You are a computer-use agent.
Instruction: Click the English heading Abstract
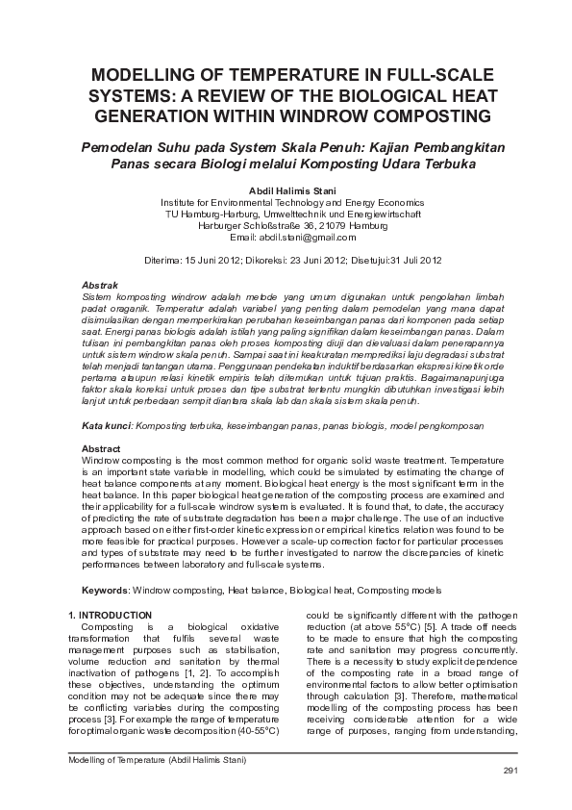point(101,449)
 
